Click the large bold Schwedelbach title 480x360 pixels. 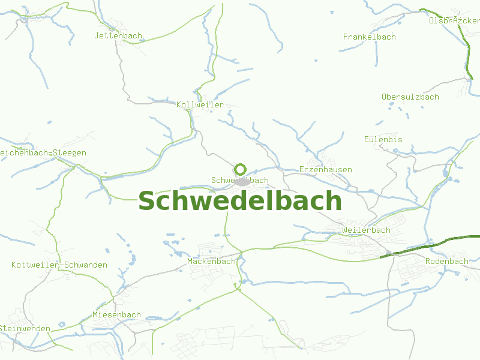point(240,201)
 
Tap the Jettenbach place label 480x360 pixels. point(118,35)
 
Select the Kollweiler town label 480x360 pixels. point(200,104)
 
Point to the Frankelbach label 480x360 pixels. point(369,37)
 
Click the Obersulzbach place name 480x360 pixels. point(410,97)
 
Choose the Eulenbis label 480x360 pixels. point(383,139)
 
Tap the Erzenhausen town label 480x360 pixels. point(325,169)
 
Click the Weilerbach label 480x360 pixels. point(365,230)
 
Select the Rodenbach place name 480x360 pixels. point(446,261)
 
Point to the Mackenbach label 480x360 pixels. point(211,261)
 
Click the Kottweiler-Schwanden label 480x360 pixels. point(59,265)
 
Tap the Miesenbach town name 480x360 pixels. point(116,314)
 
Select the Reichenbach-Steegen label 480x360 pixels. point(42,152)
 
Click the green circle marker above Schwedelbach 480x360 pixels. point(241,169)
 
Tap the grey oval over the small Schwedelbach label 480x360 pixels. point(242,181)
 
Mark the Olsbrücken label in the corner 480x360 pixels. point(454,20)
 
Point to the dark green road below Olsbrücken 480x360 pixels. point(467,51)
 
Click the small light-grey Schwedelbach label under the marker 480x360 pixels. point(221,180)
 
